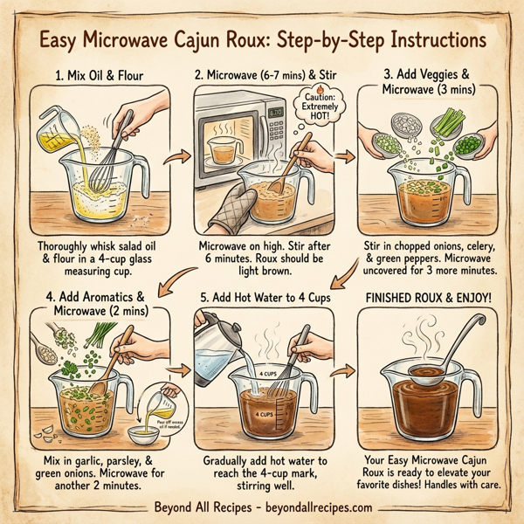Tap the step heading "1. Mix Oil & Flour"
98,74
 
